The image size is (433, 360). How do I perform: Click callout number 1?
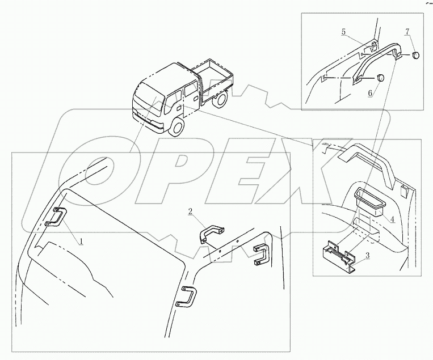click(x=82, y=241)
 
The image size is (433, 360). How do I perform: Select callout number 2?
click(x=191, y=211)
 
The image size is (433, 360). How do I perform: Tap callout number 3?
click(x=368, y=256)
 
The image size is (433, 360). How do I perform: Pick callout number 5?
click(x=343, y=32)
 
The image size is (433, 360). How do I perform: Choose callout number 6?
click(x=371, y=91)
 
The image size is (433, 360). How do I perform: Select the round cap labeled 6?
click(x=381, y=78)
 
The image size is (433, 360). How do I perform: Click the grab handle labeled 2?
click(x=211, y=233)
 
